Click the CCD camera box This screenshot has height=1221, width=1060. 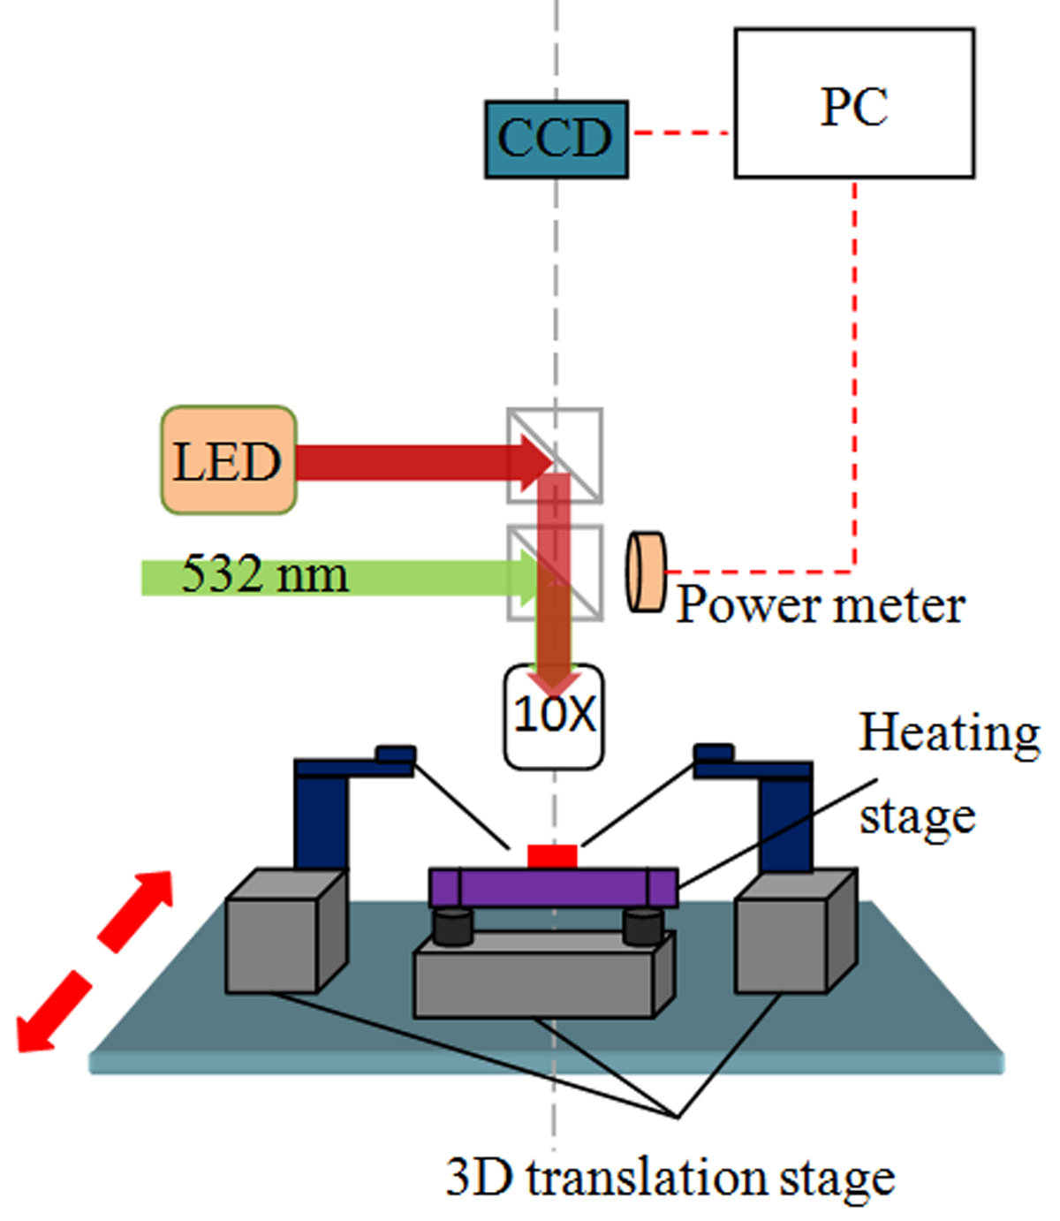(556, 139)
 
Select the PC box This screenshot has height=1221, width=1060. (854, 103)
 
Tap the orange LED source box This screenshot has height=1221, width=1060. (228, 460)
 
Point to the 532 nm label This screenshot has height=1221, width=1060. (265, 574)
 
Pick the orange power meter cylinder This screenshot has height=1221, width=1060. (646, 572)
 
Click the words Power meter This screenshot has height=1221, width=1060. (821, 606)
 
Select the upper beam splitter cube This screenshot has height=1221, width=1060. (555, 456)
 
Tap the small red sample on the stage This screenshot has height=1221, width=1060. (552, 856)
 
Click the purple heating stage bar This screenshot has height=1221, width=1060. (553, 887)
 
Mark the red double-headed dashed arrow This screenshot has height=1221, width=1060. (95, 960)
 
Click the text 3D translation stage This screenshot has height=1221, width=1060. (670, 1179)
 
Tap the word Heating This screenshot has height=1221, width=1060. (950, 734)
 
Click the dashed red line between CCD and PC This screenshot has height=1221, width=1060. (681, 133)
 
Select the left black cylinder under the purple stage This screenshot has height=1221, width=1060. (452, 925)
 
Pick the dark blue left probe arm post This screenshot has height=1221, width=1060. (320, 817)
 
